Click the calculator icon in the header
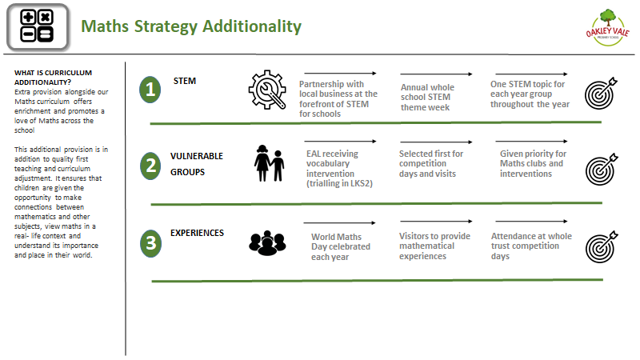coord(38,27)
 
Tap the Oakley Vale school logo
coord(607,27)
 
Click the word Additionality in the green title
coord(252,26)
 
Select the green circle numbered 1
coord(150,90)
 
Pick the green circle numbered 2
coord(150,166)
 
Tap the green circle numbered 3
coord(150,243)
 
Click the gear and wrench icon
coord(267,90)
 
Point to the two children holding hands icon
coord(269,163)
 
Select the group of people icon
coord(267,243)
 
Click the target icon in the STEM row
coord(601,93)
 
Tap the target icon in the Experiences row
coord(602,247)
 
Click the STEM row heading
coord(185,81)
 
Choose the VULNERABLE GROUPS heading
coord(197,164)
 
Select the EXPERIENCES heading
coord(197,233)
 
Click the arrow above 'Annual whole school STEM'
coord(436,74)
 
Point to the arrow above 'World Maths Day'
coord(339,223)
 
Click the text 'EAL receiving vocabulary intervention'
coord(332,164)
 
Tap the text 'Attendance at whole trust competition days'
coord(531,246)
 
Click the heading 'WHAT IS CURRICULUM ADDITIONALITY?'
coord(53,78)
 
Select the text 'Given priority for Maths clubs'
coord(533,158)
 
